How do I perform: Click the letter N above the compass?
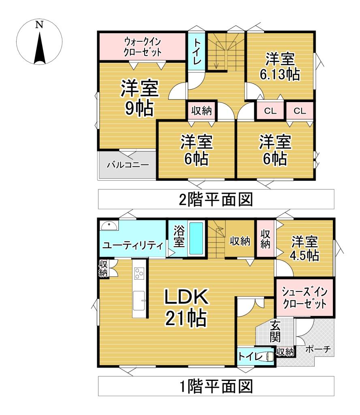pyautogui.click(x=39, y=25)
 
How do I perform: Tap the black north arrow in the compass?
pyautogui.click(x=39, y=49)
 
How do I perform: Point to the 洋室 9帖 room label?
pyautogui.click(x=138, y=98)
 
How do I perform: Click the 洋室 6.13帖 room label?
pyautogui.click(x=280, y=67)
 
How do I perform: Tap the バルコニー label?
pyautogui.click(x=128, y=165)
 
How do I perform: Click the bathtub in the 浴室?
pyautogui.click(x=197, y=239)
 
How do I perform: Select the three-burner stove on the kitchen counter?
pyautogui.click(x=140, y=274)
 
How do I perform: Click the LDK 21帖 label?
pyautogui.click(x=186, y=308)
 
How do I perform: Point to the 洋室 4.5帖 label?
pyautogui.click(x=304, y=249)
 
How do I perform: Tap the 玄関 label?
pyautogui.click(x=275, y=331)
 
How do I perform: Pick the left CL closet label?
pyautogui.click(x=270, y=111)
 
